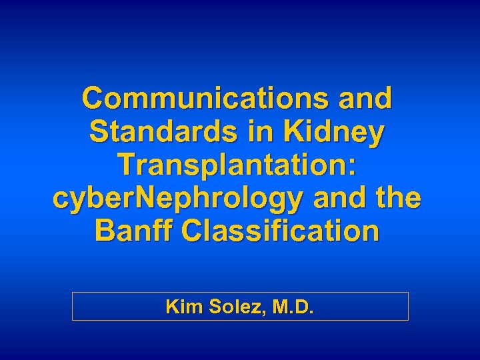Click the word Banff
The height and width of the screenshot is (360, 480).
click(133, 231)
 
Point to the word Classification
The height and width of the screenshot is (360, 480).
click(280, 231)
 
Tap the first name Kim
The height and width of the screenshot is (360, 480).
click(180, 307)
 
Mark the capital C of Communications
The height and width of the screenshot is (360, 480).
click(94, 99)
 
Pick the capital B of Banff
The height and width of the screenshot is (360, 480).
click(106, 231)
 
